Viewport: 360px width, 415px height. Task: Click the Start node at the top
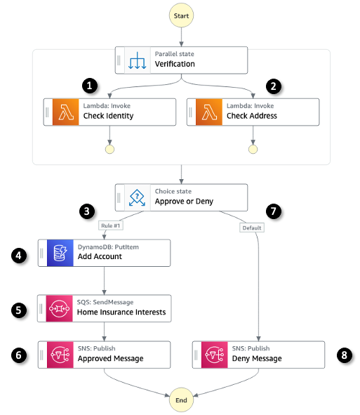pyautogui.click(x=182, y=14)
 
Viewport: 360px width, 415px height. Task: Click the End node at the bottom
pyautogui.click(x=182, y=399)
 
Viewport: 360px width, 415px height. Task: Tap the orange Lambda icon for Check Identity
pyautogui.click(x=66, y=112)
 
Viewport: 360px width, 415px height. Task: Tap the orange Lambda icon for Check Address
pyautogui.click(x=210, y=112)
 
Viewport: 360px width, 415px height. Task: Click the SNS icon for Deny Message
pyautogui.click(x=215, y=355)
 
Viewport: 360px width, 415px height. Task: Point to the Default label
pyautogui.click(x=251, y=228)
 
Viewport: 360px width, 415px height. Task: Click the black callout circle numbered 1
pyautogui.click(x=88, y=86)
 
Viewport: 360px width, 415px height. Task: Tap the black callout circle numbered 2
pyautogui.click(x=274, y=86)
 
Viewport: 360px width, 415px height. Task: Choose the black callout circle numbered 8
pyautogui.click(x=342, y=355)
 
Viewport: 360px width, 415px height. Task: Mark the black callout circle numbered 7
pyautogui.click(x=275, y=210)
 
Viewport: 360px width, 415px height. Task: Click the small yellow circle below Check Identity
pyautogui.click(x=109, y=149)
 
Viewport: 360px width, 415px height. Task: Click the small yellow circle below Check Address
pyautogui.click(x=253, y=149)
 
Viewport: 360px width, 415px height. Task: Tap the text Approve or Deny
pyautogui.click(x=184, y=202)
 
